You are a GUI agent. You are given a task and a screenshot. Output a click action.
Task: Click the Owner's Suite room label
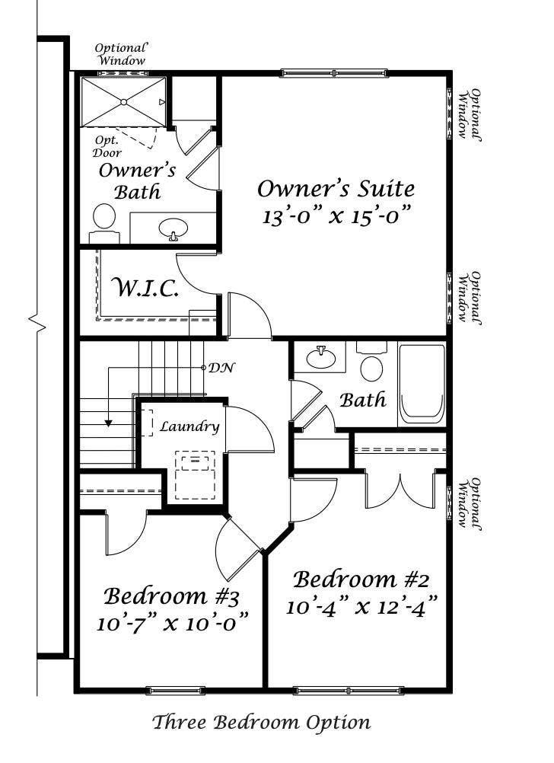click(336, 188)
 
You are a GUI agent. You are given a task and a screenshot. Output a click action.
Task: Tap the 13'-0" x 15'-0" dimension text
click(336, 215)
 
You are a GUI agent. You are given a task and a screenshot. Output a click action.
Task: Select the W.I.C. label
click(145, 289)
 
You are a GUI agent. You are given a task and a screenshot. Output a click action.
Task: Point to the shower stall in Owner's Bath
click(123, 101)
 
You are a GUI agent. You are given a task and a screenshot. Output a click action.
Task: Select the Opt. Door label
click(108, 146)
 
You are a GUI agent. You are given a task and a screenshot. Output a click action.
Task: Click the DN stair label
click(221, 368)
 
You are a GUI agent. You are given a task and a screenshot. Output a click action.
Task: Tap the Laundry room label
click(189, 426)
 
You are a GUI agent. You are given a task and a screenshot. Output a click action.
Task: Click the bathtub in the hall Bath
click(422, 384)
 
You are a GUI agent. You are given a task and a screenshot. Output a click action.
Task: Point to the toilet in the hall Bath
click(371, 365)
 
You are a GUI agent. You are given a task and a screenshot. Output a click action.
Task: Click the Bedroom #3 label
click(172, 595)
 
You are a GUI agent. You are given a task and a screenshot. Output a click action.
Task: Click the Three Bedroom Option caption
click(261, 722)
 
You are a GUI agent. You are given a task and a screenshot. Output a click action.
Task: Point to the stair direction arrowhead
click(109, 423)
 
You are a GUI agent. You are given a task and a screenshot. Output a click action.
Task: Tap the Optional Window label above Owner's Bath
click(120, 54)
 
